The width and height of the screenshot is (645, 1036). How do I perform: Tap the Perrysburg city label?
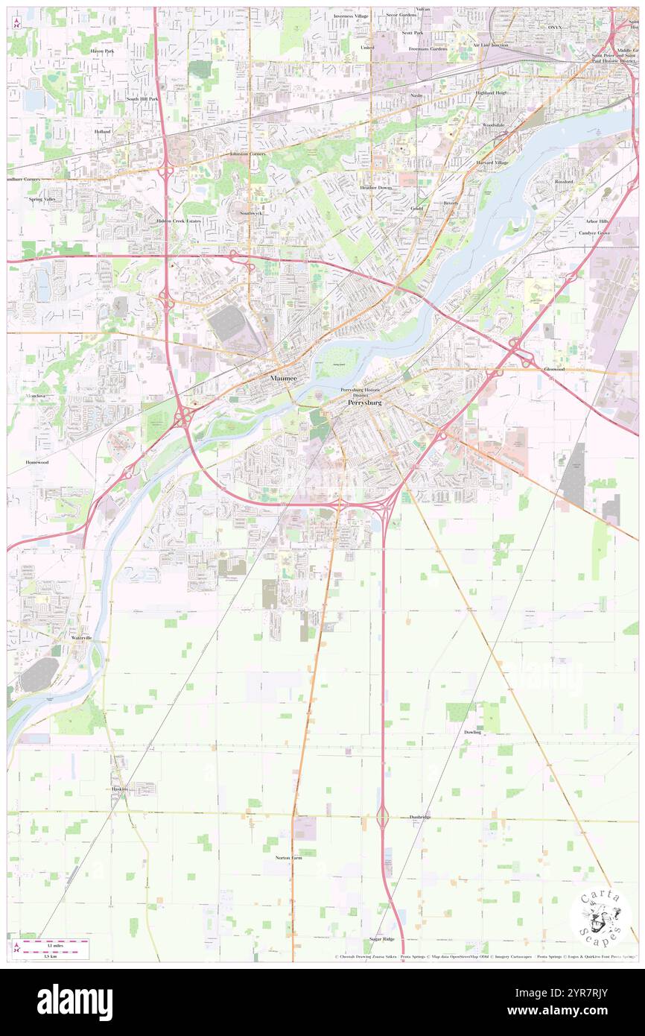(x=364, y=402)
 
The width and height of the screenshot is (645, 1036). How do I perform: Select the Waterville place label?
(x=81, y=638)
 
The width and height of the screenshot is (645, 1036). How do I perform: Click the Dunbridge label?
(x=420, y=817)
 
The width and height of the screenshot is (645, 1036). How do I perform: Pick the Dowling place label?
(x=472, y=732)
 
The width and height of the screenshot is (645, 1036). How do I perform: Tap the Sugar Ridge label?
(x=381, y=939)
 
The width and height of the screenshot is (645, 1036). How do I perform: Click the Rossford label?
(x=564, y=181)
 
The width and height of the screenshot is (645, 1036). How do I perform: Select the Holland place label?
(x=102, y=131)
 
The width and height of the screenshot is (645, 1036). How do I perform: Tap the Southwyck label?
(x=250, y=212)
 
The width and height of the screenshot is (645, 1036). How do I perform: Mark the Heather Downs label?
(x=375, y=187)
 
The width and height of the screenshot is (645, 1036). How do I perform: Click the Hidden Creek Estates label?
(x=179, y=221)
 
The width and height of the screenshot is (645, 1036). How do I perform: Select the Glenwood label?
(x=554, y=369)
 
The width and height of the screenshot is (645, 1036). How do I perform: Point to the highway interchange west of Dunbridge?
(x=382, y=818)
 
